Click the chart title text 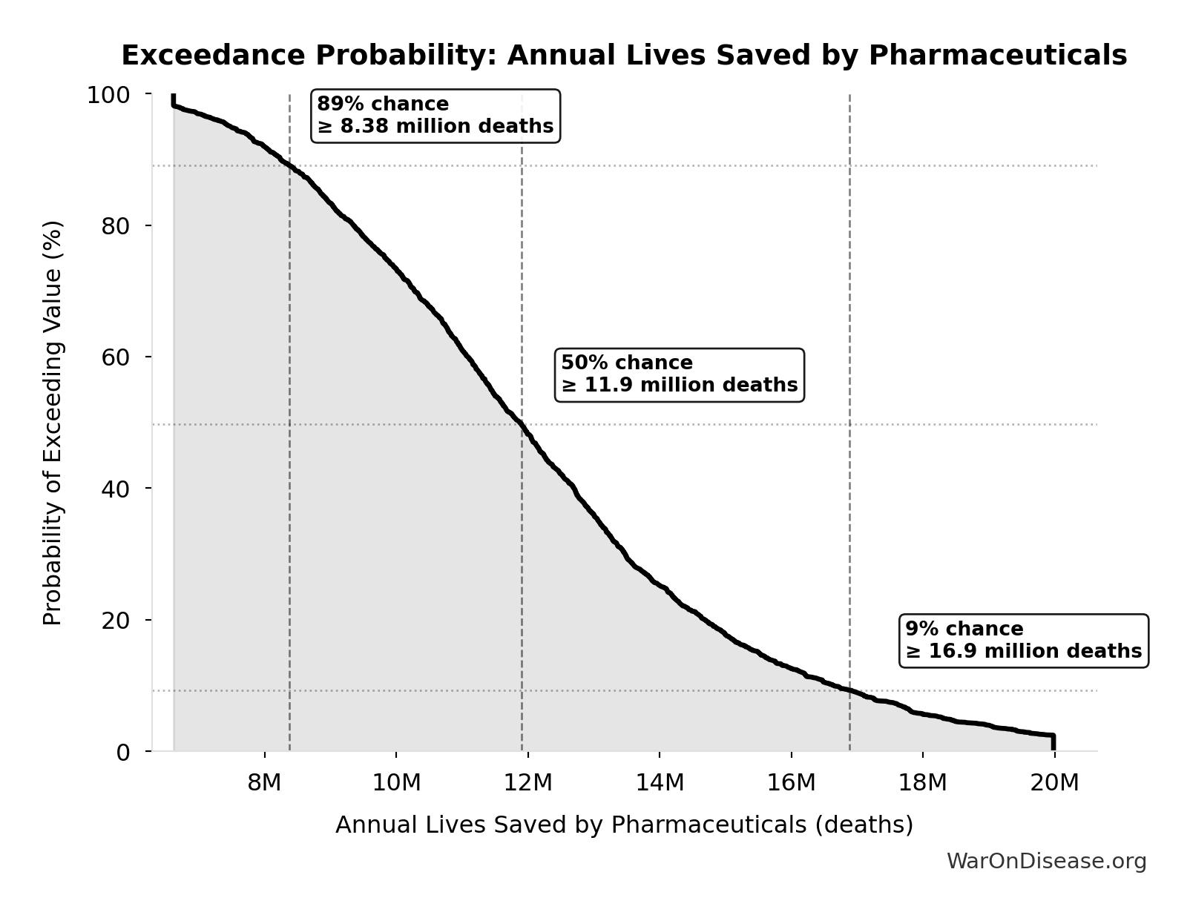point(623,56)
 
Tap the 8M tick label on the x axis point(264,782)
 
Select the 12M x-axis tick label point(527,782)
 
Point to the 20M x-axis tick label point(1054,782)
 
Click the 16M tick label point(791,782)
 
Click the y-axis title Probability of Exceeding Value point(53,423)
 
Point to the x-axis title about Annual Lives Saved point(623,825)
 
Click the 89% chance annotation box point(435,115)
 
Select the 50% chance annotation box point(679,374)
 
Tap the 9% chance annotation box point(1023,640)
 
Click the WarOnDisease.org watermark point(1046,861)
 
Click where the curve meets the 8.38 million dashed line point(289,165)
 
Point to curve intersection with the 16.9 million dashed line point(849,690)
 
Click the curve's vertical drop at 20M point(1053,742)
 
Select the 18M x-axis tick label point(922,782)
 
